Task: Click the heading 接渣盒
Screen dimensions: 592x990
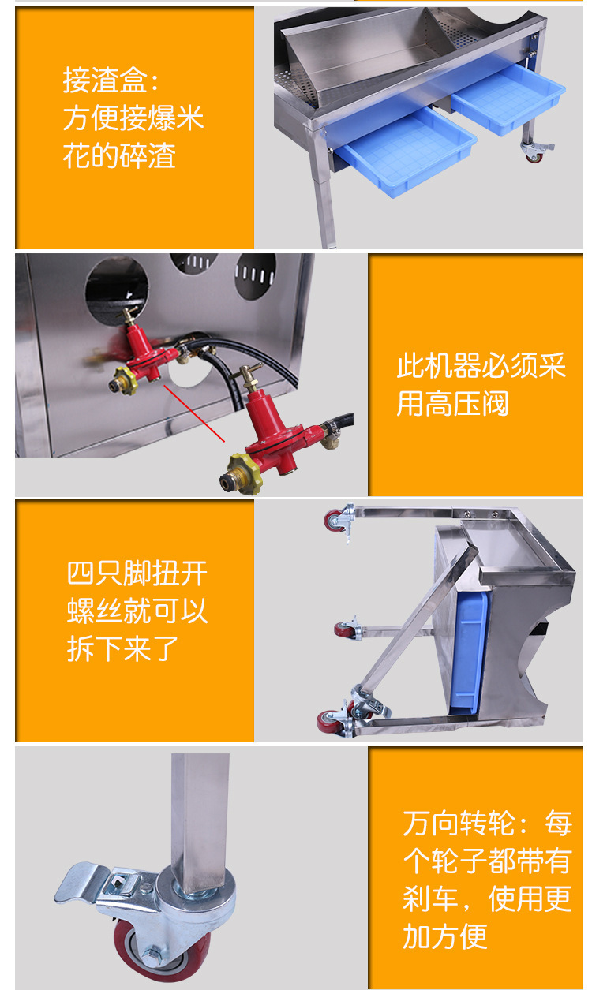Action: (105, 80)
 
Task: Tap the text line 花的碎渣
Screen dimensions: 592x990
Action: (119, 155)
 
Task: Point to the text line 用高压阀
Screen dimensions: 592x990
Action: (452, 403)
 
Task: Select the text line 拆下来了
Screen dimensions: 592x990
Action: (122, 648)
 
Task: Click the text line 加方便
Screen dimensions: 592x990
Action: (444, 936)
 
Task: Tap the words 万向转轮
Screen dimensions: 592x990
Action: (459, 823)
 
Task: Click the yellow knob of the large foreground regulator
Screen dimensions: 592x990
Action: (242, 474)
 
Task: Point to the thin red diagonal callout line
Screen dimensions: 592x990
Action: (194, 413)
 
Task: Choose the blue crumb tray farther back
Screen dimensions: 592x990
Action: (508, 99)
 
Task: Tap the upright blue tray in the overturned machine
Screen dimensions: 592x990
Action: (470, 653)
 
